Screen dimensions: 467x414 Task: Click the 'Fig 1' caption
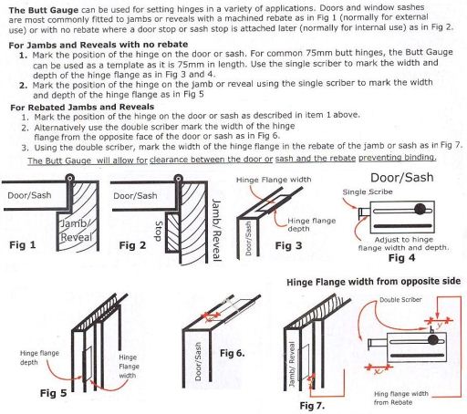[x=23, y=244]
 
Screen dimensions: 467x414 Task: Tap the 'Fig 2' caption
[x=132, y=245]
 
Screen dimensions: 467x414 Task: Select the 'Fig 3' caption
[x=288, y=245]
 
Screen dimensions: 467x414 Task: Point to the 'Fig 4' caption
[x=401, y=258]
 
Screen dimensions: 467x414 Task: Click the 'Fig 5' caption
[x=53, y=393]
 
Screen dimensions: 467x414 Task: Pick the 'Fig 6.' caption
[x=233, y=353]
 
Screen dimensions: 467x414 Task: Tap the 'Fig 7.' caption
[x=312, y=406]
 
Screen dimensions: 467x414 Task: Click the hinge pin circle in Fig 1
[x=70, y=178]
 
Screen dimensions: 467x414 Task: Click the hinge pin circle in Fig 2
[x=179, y=178]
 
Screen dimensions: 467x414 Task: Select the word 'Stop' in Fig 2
[x=159, y=231]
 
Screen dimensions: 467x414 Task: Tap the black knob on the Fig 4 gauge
[x=420, y=209]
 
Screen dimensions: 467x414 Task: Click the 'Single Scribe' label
[x=368, y=192]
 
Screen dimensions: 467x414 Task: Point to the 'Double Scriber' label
[x=400, y=300]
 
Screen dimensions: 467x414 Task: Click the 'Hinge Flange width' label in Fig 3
[x=274, y=180]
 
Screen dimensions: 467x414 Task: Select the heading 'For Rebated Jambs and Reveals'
[x=82, y=107]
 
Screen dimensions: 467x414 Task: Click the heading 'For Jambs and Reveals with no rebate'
[x=99, y=45]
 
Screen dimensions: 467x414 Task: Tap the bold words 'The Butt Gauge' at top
[x=44, y=10]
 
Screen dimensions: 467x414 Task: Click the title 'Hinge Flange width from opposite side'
[x=373, y=282]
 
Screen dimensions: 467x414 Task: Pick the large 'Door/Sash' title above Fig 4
[x=402, y=178]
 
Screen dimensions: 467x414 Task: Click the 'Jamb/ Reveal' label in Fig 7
[x=292, y=364]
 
